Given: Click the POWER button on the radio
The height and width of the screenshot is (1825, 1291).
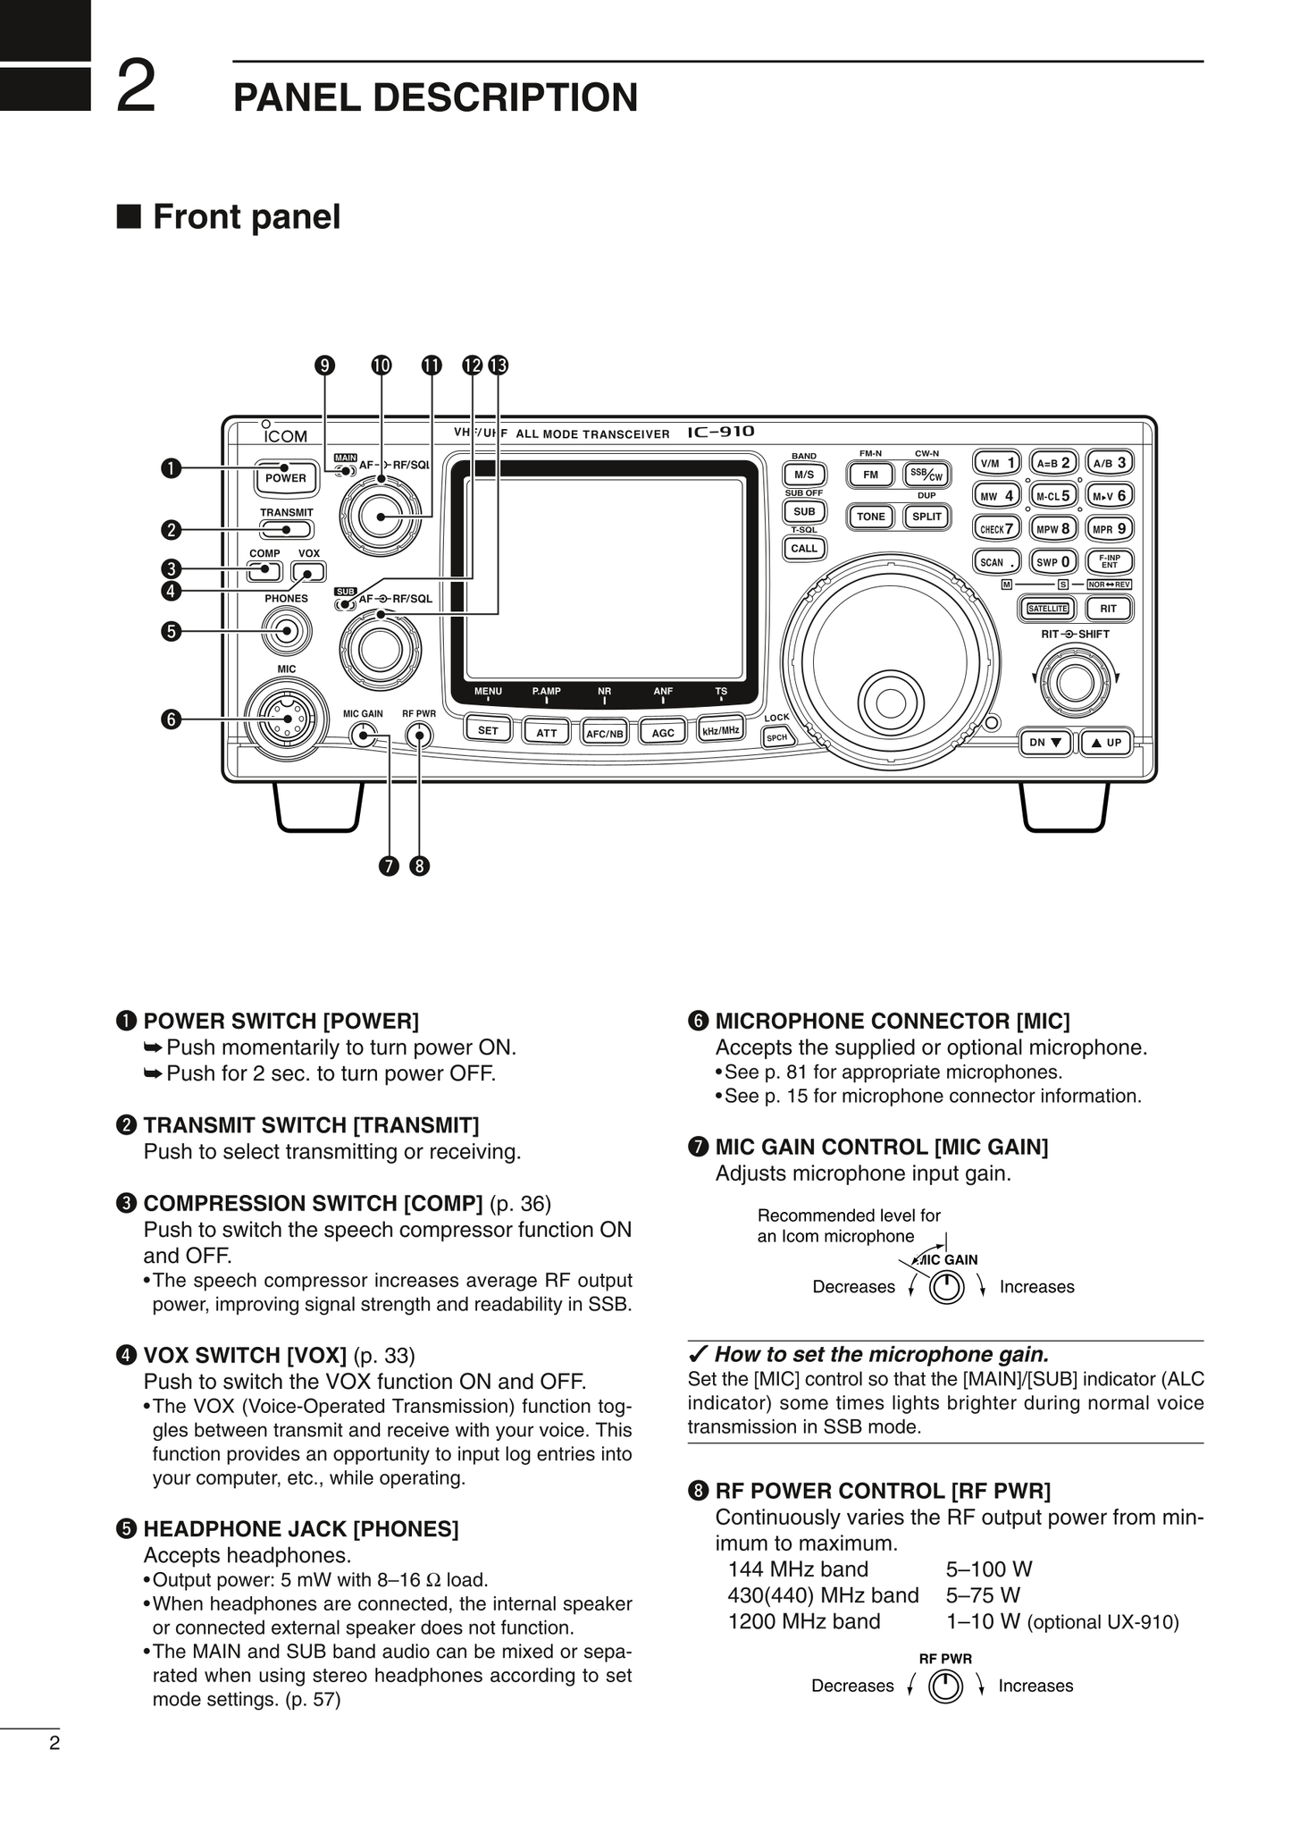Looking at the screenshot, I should pos(285,478).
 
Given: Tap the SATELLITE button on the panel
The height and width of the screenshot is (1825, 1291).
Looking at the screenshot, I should pos(1047,609).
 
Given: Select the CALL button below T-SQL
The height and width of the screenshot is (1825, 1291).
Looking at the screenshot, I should pos(804,549).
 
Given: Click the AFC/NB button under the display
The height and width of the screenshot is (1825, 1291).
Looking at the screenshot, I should pos(604,734).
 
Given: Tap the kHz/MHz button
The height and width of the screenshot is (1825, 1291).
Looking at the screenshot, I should pos(721,730).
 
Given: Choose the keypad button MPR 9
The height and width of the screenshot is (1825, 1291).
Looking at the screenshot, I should pos(1110,529).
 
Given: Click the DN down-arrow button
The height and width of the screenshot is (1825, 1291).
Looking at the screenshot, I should pos(1044,743).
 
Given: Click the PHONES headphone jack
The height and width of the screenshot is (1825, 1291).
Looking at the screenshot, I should pos(286,631).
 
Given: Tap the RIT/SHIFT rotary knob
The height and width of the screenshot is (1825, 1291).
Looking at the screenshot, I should pos(1075,682).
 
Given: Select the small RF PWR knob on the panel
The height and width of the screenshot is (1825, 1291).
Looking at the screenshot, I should pos(418,736).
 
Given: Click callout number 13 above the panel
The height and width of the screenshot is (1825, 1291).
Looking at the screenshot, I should pos(499,365).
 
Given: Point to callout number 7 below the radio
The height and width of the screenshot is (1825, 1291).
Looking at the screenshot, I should pos(388,866).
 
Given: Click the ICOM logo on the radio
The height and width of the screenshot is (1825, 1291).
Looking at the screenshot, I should pos(285,436).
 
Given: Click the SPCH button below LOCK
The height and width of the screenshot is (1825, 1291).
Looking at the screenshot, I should pos(776,737).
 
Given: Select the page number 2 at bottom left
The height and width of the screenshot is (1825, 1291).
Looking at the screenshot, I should pos(54,1743).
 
